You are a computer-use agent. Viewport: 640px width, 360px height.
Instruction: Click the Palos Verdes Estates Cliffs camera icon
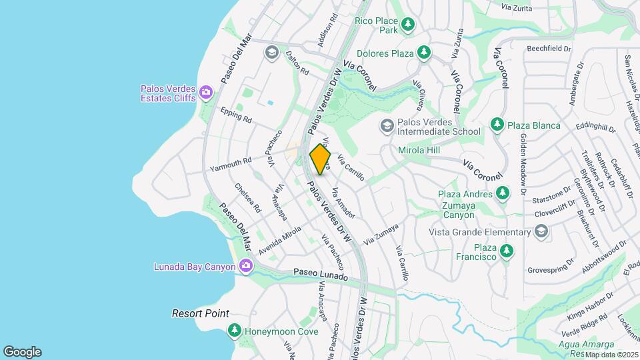[206, 92]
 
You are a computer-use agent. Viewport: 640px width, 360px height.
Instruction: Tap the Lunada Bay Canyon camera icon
[246, 267]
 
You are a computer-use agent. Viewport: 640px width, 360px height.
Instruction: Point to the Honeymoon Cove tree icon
[234, 330]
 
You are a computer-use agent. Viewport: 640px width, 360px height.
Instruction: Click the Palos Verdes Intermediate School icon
[387, 126]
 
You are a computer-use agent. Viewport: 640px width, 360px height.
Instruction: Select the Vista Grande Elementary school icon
[541, 231]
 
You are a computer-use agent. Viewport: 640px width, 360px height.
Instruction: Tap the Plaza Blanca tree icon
[497, 125]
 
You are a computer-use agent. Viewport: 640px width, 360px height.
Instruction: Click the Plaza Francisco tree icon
[507, 251]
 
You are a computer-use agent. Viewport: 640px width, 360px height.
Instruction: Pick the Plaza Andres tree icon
[503, 193]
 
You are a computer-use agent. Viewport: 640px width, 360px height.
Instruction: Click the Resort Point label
[200, 313]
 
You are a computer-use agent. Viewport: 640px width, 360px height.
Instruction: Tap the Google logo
[22, 352]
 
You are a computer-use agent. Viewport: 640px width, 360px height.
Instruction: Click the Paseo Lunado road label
[321, 275]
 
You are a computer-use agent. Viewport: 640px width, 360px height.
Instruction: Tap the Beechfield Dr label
[549, 49]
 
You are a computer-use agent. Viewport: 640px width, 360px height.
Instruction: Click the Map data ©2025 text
[611, 355]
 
